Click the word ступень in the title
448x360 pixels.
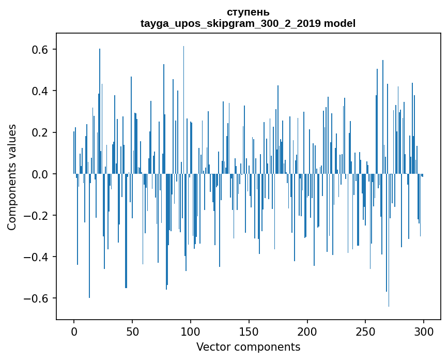[x=248, y=12]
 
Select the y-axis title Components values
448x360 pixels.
[x=12, y=177]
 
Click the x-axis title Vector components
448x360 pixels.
[x=248, y=347]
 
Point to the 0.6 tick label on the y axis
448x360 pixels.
[x=39, y=50]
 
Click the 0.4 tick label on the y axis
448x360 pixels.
[x=39, y=91]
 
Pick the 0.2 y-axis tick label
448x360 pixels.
[x=39, y=132]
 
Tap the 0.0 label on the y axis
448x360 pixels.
[x=39, y=174]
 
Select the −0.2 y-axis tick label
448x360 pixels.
[x=35, y=216]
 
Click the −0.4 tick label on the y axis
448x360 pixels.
[x=35, y=257]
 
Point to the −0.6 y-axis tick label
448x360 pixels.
[x=35, y=298]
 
